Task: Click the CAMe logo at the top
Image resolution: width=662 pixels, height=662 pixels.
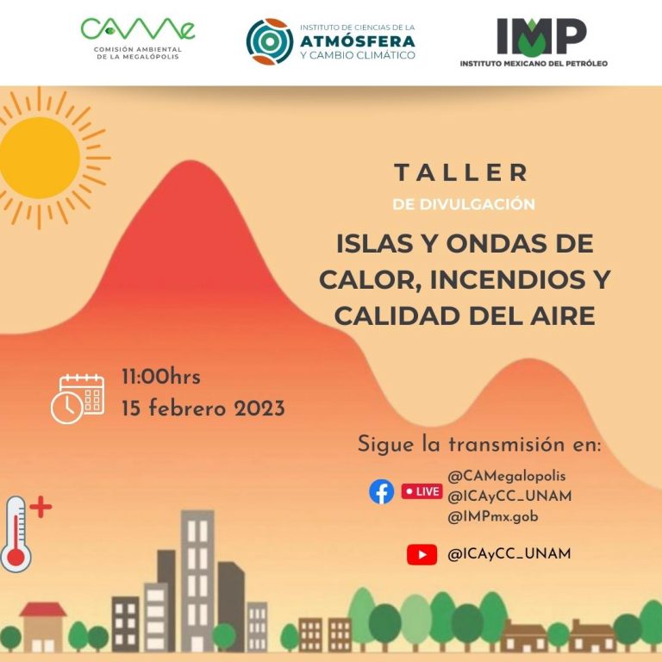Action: point(138,38)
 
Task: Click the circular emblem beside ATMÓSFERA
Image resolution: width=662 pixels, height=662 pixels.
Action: point(270,41)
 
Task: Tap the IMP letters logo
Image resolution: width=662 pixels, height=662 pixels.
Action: point(541,37)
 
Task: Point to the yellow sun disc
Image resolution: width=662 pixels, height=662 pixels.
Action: point(40,158)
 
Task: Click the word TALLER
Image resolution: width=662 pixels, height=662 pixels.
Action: point(461,172)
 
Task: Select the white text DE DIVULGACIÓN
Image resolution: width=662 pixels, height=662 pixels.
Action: point(464,204)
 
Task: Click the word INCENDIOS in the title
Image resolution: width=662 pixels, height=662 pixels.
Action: point(509,279)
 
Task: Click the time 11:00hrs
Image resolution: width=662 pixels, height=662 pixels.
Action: point(161,377)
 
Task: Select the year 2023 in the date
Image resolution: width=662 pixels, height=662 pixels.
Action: point(259,409)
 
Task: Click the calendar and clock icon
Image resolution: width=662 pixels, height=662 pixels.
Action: point(78,399)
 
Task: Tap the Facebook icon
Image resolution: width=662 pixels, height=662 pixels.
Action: point(381,491)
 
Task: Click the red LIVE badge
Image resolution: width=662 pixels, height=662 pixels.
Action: point(422,491)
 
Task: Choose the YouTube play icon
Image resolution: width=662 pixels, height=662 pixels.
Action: point(422,554)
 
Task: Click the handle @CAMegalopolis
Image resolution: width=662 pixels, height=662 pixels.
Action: point(507,476)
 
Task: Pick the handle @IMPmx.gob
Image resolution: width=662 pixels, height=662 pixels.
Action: point(493,516)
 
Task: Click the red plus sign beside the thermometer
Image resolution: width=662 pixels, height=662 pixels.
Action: point(41,507)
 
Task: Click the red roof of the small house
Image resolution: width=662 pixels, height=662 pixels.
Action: point(43,609)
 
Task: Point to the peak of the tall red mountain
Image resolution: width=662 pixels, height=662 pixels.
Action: point(190,161)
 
